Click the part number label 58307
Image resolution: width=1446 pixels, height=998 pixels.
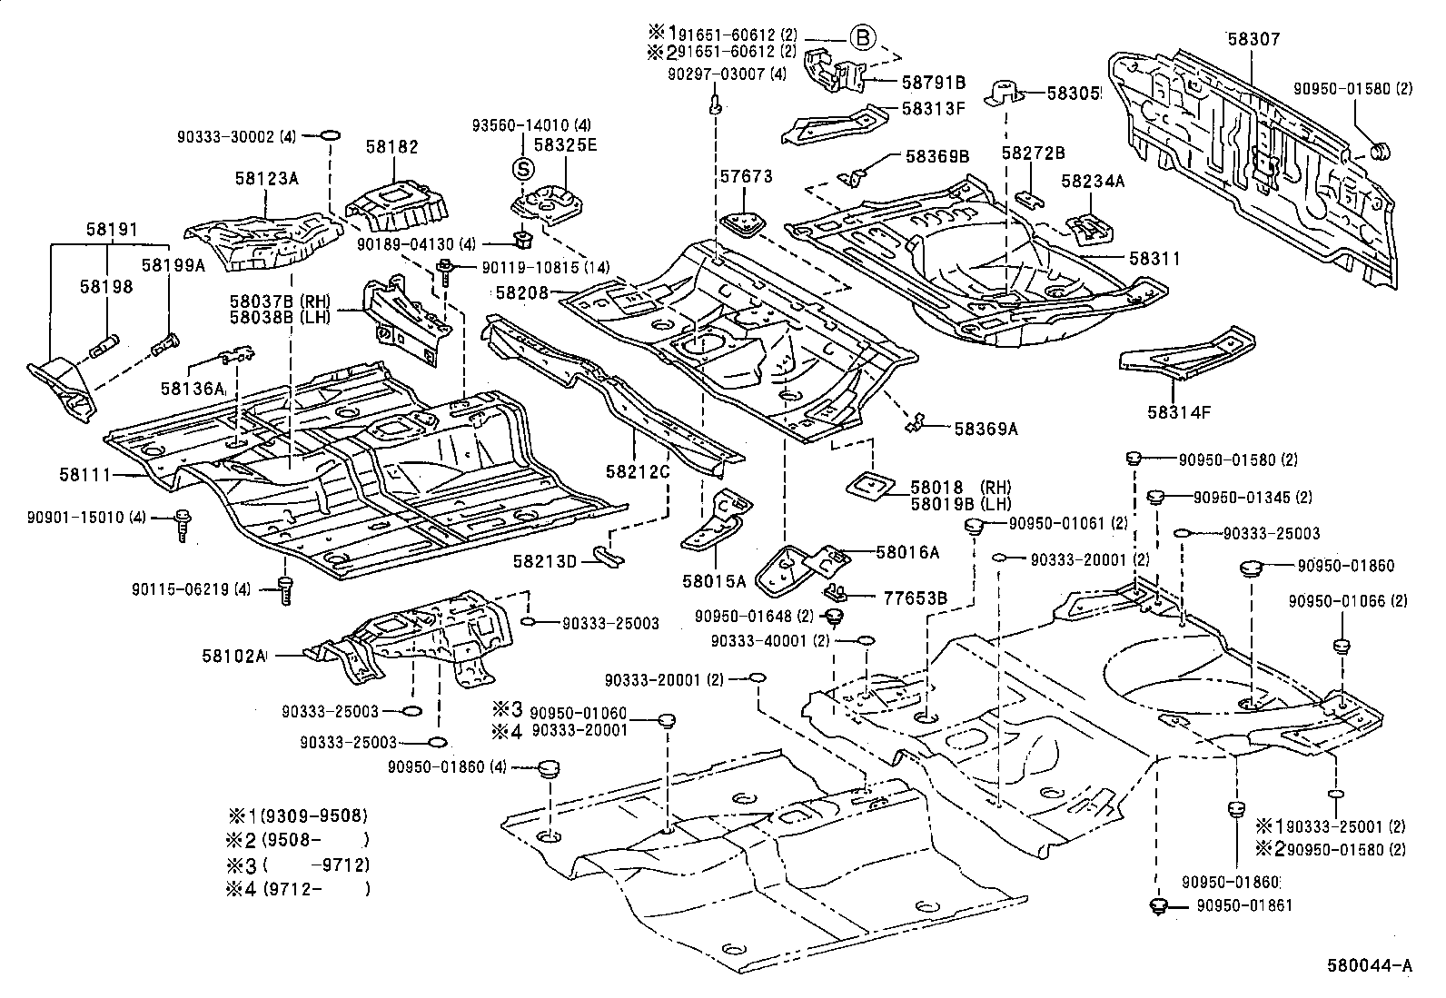tap(1253, 39)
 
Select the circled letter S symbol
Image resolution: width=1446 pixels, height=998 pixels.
tap(522, 168)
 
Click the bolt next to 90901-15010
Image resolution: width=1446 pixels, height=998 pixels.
tap(182, 524)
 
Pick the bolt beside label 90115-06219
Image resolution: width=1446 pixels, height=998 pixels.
tap(285, 590)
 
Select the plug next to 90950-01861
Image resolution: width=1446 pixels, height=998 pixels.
tap(1157, 905)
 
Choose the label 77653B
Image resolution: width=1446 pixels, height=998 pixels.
tap(916, 598)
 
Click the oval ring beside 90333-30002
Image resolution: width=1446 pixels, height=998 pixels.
tap(332, 137)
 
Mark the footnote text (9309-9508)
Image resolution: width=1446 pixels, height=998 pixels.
tap(314, 815)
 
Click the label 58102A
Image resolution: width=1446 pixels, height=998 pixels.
tap(234, 655)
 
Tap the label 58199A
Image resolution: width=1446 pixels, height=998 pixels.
tap(173, 264)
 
